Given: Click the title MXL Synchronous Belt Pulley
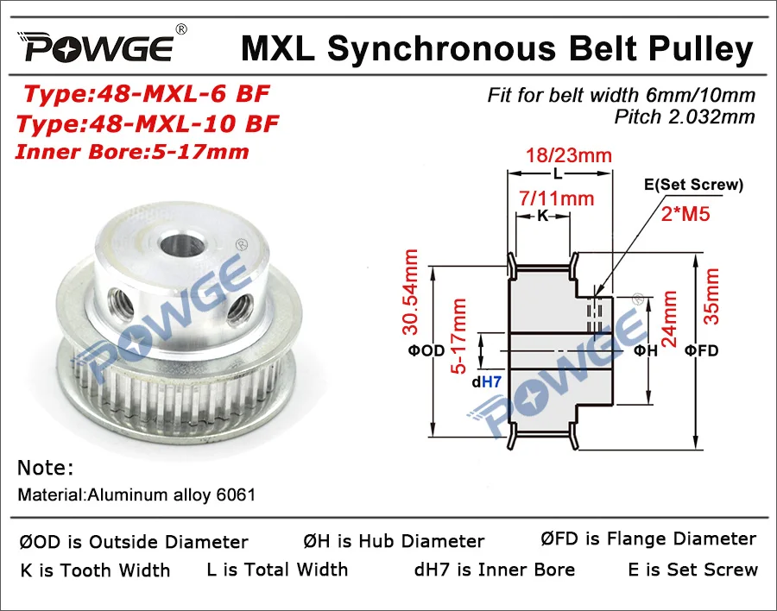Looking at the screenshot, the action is [496, 48].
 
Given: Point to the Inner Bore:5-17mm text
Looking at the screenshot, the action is [134, 152].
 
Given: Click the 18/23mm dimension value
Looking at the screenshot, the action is [569, 156].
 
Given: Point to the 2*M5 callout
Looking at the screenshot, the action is [686, 213].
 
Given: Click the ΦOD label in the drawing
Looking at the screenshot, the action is [420, 350].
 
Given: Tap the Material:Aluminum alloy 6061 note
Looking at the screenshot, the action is [136, 495].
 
